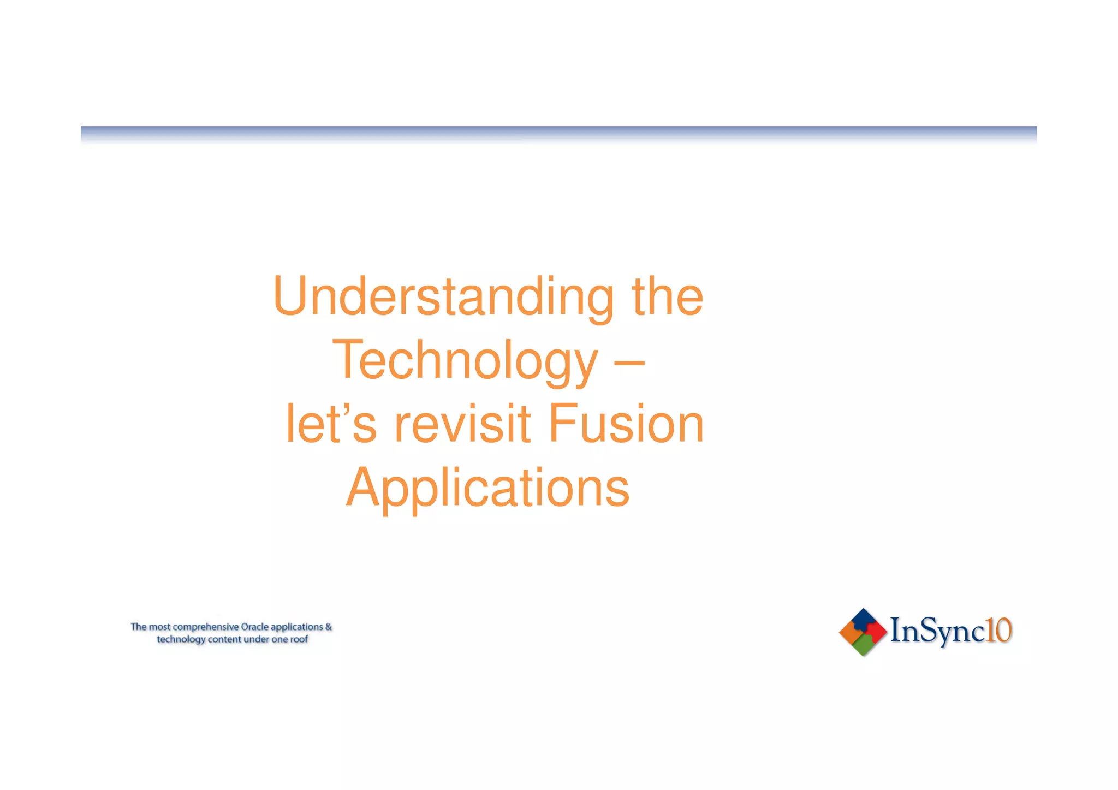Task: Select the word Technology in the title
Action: click(x=465, y=360)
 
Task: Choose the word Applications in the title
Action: click(x=487, y=488)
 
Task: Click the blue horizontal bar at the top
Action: click(x=558, y=133)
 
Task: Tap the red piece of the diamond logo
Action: click(x=877, y=632)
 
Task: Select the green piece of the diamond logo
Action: click(x=863, y=645)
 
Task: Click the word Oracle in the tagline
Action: click(x=254, y=627)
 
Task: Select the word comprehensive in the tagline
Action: click(x=205, y=627)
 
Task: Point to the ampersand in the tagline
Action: click(x=328, y=627)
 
